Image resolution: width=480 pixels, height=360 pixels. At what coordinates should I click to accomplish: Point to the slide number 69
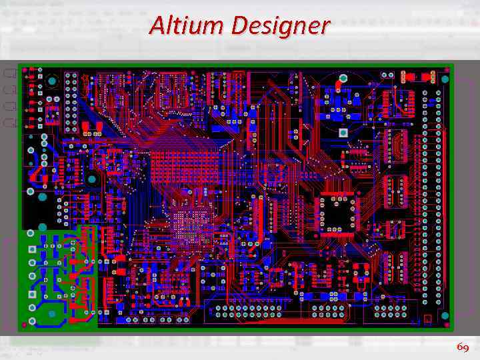(x=463, y=347)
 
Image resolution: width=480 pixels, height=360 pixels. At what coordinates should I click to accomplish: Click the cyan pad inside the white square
(x=343, y=133)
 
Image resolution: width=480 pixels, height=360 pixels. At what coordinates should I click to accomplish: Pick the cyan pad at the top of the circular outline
(x=343, y=78)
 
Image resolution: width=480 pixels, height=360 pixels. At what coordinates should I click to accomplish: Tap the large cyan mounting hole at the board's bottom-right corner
(x=445, y=315)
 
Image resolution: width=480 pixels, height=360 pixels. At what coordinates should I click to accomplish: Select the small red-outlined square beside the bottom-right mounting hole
(x=428, y=320)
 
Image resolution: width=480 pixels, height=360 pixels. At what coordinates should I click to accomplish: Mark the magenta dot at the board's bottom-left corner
(x=25, y=325)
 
